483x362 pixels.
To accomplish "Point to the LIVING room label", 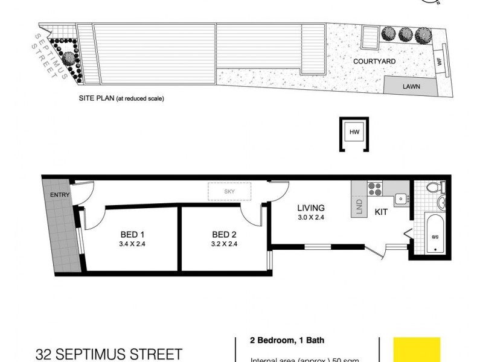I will [x=311, y=208].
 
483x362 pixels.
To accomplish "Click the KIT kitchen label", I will [x=381, y=212].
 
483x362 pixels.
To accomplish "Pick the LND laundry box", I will [x=359, y=207].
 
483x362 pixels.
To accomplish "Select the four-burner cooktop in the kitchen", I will [x=375, y=189].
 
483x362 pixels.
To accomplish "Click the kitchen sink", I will [x=399, y=197].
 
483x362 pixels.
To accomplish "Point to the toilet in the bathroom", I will [x=433, y=189].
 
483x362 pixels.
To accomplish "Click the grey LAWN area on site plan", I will [x=411, y=86].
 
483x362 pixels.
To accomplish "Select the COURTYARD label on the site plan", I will [x=374, y=62].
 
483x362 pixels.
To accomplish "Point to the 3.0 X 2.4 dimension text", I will [x=312, y=218].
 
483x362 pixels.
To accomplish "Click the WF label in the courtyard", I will [x=440, y=62].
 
